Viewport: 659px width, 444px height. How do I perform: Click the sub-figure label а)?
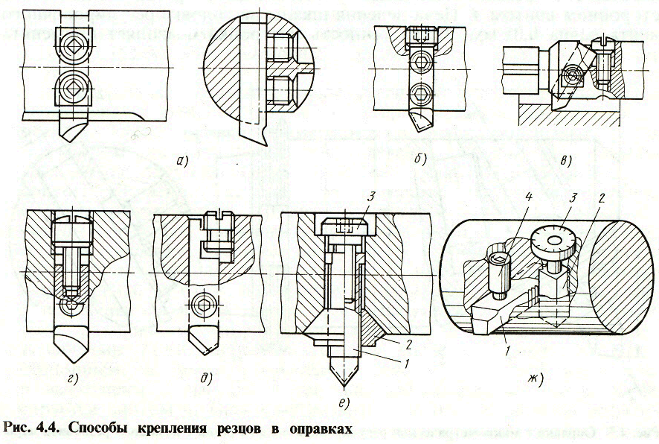178,162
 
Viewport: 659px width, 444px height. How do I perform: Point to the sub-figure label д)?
205,378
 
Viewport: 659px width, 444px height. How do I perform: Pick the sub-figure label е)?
343,405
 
